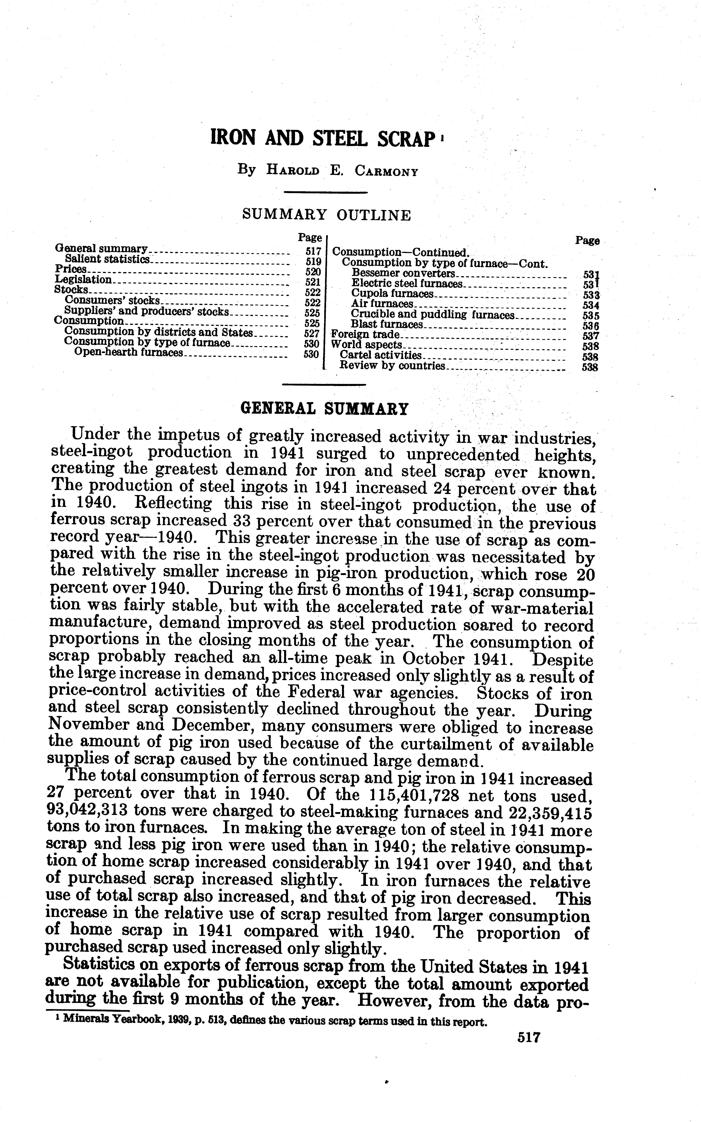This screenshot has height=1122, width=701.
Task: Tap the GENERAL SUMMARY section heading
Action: point(325,409)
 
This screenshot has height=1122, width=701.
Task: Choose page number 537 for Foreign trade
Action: point(591,336)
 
